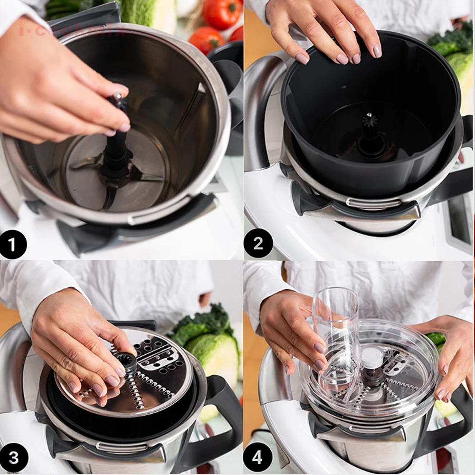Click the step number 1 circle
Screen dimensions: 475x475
click(x=13, y=244)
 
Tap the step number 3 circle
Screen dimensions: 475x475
click(x=13, y=458)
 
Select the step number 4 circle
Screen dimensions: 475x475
click(x=257, y=458)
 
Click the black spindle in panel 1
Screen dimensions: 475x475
click(x=117, y=147)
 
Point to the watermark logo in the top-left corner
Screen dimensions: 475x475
click(x=71, y=29)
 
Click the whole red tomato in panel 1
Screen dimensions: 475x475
click(x=221, y=13)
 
